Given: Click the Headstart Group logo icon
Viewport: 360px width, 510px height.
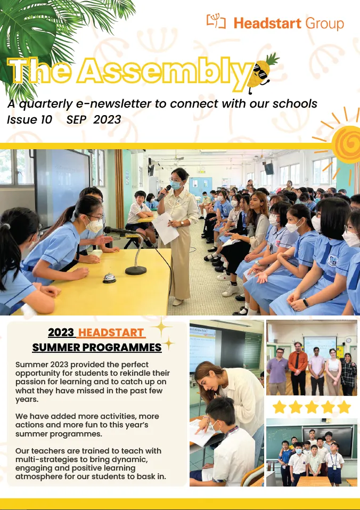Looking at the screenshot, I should [216, 23].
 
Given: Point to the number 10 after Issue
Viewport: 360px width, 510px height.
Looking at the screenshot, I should [46, 119].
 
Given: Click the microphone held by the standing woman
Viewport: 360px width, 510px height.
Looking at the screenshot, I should [164, 192].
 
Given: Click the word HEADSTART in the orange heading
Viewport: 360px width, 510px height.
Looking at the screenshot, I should [111, 333].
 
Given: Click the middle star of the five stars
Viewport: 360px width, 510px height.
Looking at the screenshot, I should [312, 408].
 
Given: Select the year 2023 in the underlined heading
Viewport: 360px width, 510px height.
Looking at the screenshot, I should [61, 333].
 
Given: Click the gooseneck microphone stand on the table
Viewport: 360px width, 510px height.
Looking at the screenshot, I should [134, 256].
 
